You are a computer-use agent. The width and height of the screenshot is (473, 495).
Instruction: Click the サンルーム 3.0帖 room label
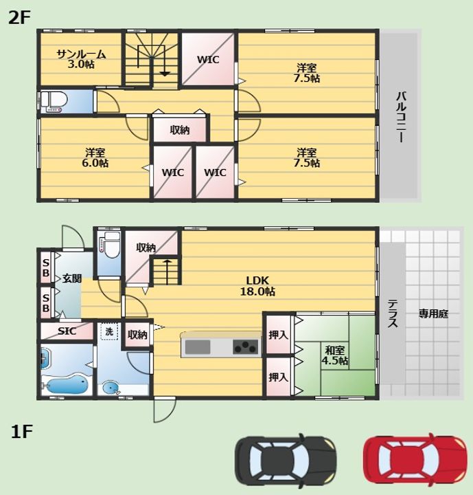[x=81, y=59]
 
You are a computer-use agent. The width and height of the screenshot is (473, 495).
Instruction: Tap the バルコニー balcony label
[x=401, y=117]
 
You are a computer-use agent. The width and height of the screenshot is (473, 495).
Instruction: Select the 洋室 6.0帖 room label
[x=95, y=157]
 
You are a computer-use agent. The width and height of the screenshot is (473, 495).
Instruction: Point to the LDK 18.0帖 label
[x=257, y=286]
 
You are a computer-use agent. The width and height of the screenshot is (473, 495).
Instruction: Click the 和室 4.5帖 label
[x=334, y=355]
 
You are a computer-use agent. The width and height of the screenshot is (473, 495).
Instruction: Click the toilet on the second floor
[x=54, y=102]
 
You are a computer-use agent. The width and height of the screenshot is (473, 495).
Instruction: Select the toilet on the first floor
[x=110, y=245]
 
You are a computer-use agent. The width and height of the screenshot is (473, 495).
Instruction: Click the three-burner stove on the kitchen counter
[x=245, y=347]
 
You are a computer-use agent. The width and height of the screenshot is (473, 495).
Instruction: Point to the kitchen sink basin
[x=198, y=347]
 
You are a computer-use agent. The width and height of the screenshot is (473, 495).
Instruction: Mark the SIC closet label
[x=67, y=331]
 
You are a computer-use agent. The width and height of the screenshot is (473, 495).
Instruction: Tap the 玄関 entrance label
[x=72, y=278]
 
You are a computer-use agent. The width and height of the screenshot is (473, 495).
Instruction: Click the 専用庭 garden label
[x=433, y=313]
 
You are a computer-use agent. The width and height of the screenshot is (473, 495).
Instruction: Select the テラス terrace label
[x=393, y=313]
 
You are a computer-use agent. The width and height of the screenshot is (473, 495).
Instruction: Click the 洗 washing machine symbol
[x=109, y=331]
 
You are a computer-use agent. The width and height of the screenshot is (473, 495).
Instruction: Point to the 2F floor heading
[x=19, y=17]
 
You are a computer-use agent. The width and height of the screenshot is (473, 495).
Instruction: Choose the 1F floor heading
[x=22, y=431]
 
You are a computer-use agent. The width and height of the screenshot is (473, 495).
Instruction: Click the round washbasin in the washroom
[x=111, y=388]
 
